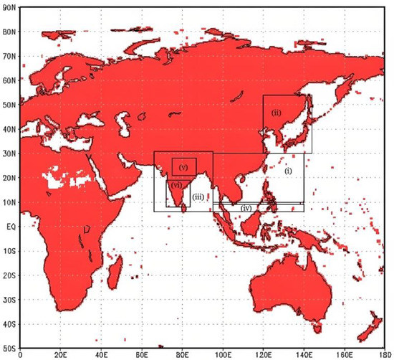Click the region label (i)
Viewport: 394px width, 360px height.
pyautogui.click(x=288, y=171)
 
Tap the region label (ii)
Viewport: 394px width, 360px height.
pyautogui.click(x=275, y=113)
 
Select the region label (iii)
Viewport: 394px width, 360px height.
pyautogui.click(x=198, y=186)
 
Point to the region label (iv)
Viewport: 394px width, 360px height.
pyautogui.click(x=246, y=207)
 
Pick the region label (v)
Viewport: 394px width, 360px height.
pyautogui.click(x=183, y=166)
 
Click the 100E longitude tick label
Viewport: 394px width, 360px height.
pyautogui.click(x=224, y=354)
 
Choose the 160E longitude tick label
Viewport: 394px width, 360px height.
pyautogui.click(x=346, y=354)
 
